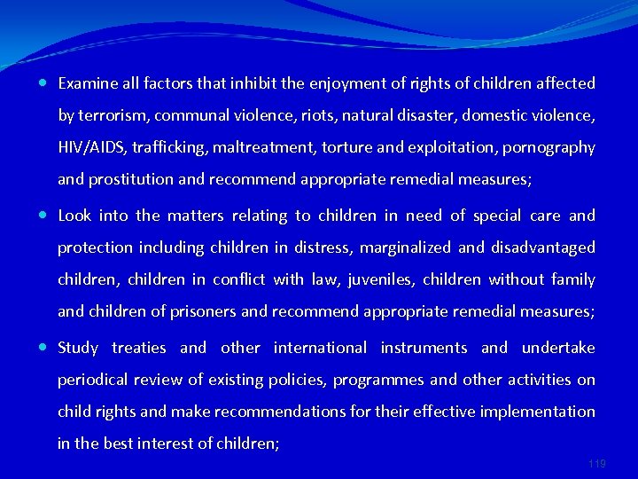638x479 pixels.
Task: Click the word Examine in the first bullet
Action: [87, 83]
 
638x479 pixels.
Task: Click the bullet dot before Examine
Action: [44, 83]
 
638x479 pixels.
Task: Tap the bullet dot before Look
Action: [44, 216]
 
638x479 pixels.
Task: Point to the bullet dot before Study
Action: [44, 348]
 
